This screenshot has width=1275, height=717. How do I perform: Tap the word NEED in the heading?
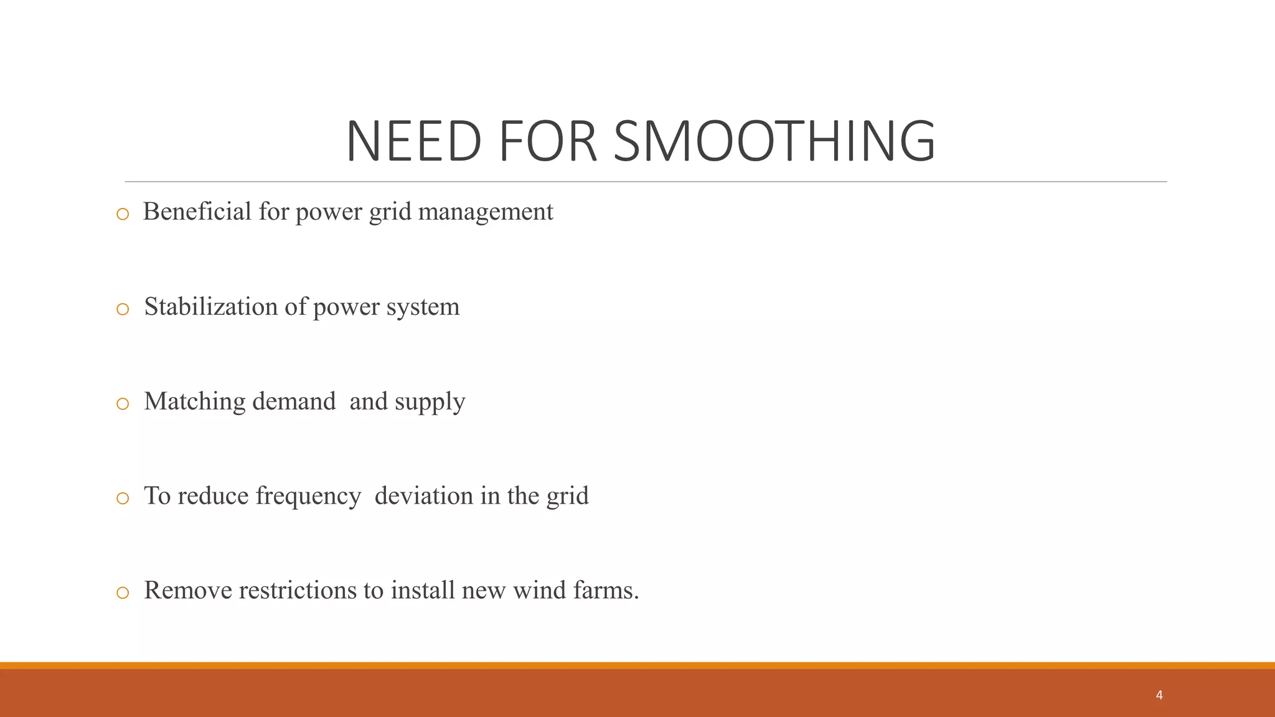(x=413, y=141)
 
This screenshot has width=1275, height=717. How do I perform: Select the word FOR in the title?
(x=548, y=141)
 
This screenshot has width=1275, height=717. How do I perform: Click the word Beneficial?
(x=197, y=212)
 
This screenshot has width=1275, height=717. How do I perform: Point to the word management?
(x=486, y=212)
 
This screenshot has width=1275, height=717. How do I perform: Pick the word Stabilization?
(x=211, y=306)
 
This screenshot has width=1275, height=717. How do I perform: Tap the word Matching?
(x=195, y=402)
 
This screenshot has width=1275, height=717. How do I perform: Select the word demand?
(x=294, y=401)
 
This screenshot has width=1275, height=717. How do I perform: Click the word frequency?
(x=308, y=497)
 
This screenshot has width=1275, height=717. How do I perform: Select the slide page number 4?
(x=1159, y=695)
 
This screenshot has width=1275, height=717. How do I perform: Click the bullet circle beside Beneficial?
(x=123, y=214)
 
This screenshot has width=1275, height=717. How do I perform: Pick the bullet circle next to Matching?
(x=123, y=404)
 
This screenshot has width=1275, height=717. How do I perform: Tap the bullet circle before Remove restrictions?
(x=123, y=593)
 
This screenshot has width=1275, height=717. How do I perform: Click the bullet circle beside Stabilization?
(x=123, y=309)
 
